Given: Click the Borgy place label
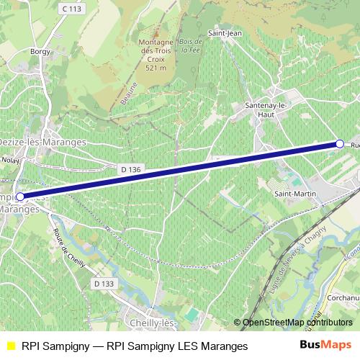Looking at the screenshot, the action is (38, 51).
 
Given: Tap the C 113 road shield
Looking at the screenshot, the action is (71, 9).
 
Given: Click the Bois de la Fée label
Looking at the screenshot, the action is (191, 45).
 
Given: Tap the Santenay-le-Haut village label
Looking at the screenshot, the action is (266, 109).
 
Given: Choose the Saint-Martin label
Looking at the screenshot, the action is (292, 192).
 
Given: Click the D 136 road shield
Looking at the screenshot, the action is (130, 169).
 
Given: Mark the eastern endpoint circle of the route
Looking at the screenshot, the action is (340, 144).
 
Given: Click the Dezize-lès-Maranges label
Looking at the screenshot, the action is (42, 143).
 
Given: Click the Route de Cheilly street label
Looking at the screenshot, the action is (69, 248).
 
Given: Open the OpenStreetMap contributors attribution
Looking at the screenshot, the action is (297, 323).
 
